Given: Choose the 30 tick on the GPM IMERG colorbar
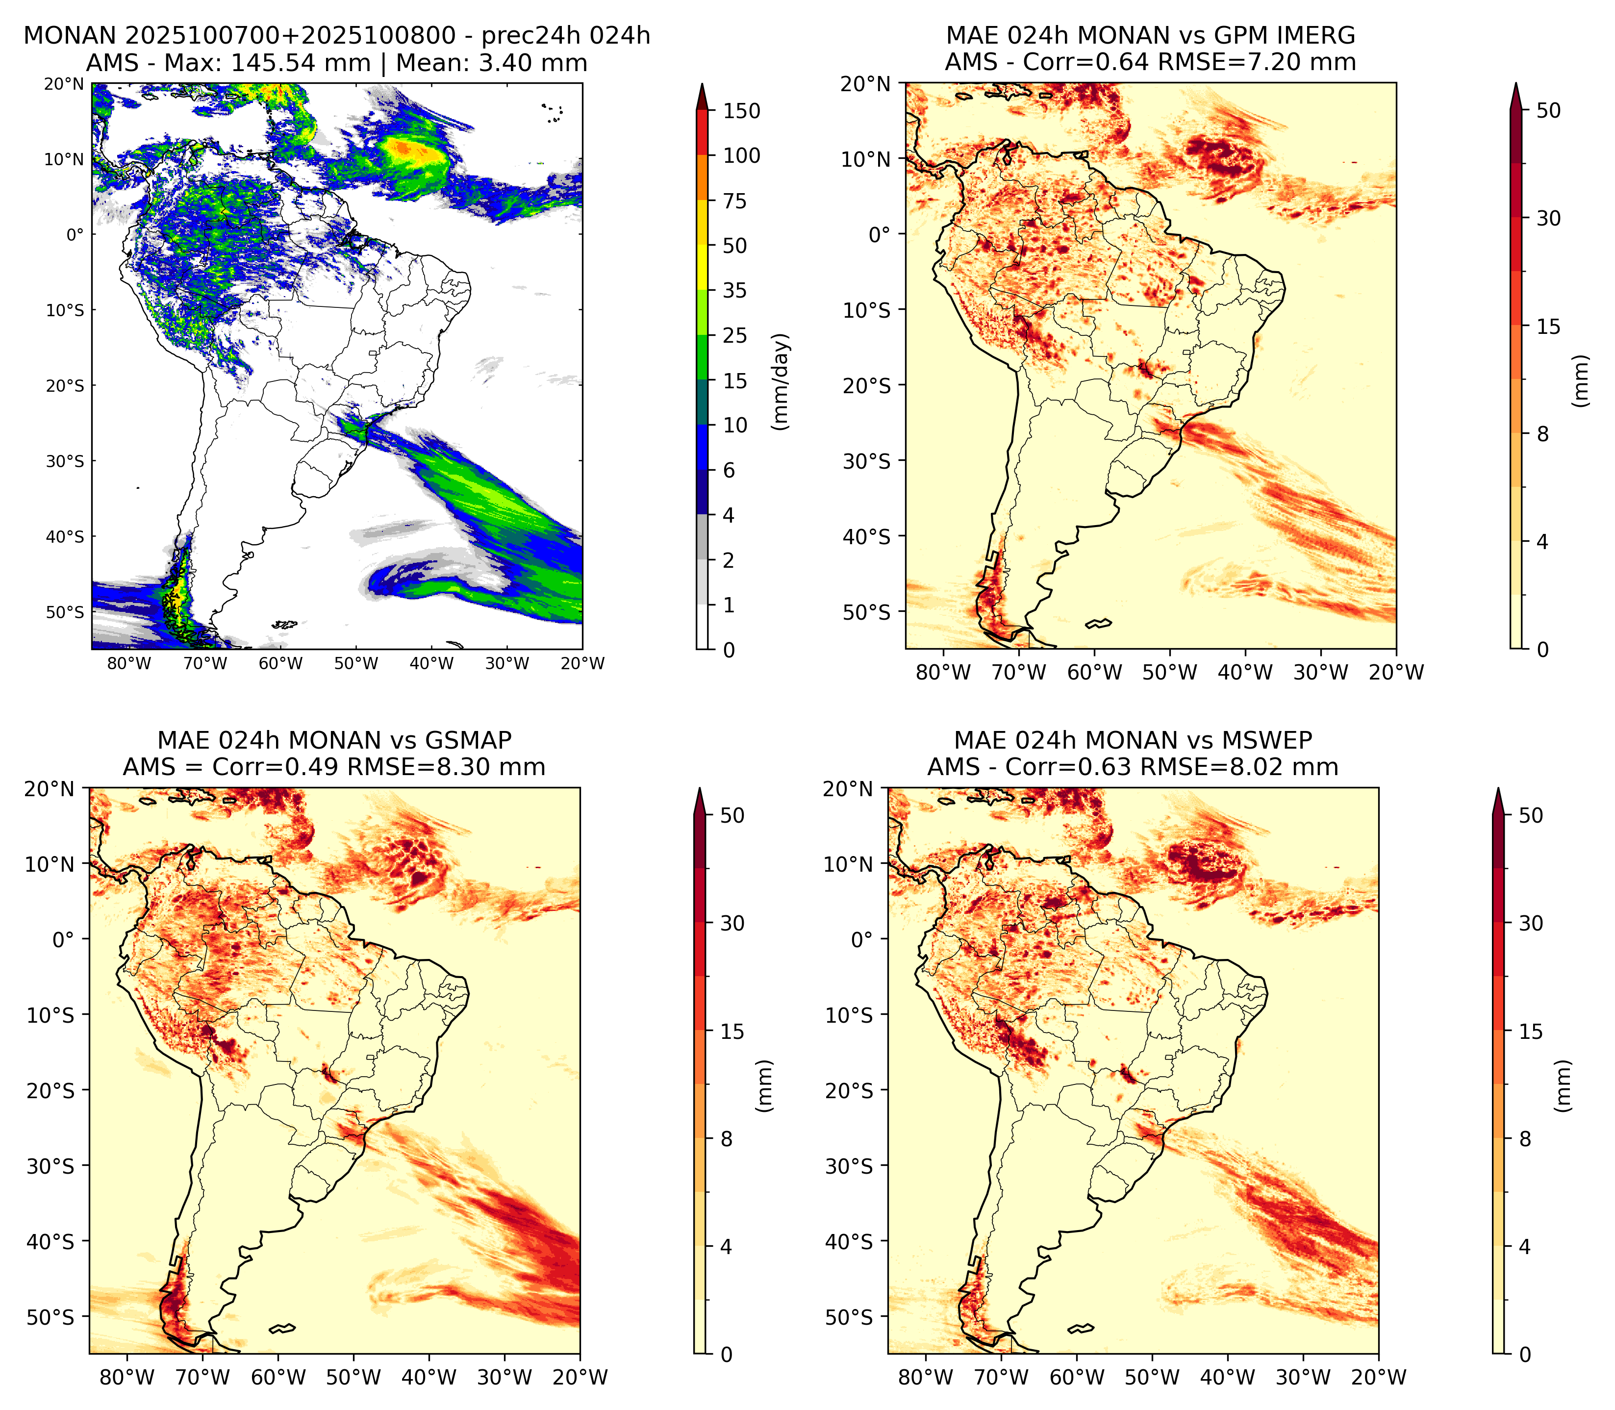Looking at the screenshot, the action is click(x=1548, y=218).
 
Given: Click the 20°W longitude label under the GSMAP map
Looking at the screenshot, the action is click(x=580, y=1377).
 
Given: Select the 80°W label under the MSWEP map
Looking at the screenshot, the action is click(x=926, y=1377).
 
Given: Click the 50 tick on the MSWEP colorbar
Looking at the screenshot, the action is click(x=1531, y=815).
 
